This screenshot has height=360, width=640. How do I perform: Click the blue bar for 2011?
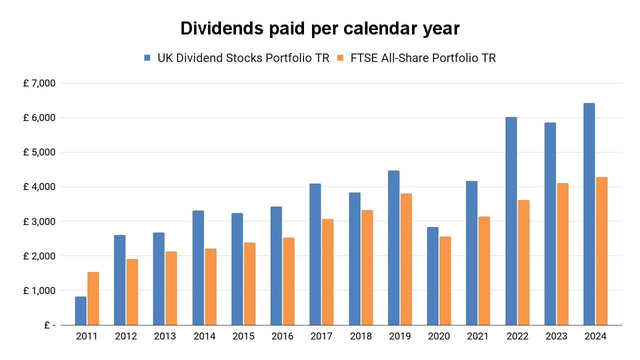coord(81,310)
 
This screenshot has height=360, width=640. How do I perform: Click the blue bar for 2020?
coord(432,276)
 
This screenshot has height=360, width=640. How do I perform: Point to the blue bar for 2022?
coord(511,221)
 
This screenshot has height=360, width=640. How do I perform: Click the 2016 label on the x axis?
coord(282,336)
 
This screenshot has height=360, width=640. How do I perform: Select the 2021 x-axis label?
coord(478,336)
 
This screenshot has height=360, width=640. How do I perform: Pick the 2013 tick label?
coord(165,336)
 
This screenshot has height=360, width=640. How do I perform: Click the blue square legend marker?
coord(147,58)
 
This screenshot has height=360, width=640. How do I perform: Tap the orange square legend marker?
coord(340,58)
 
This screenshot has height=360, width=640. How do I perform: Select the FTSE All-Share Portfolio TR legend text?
coord(423,58)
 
